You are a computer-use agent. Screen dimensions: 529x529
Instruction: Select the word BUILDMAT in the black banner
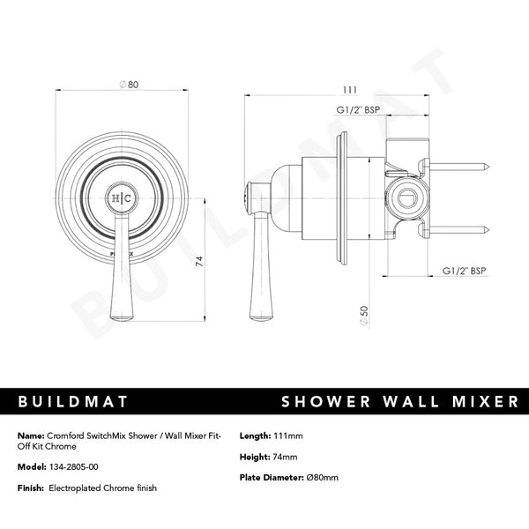[73, 403]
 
